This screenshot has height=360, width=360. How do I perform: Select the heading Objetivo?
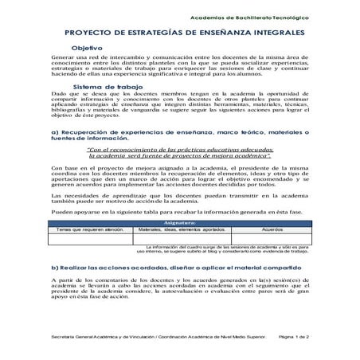click(x=88, y=49)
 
